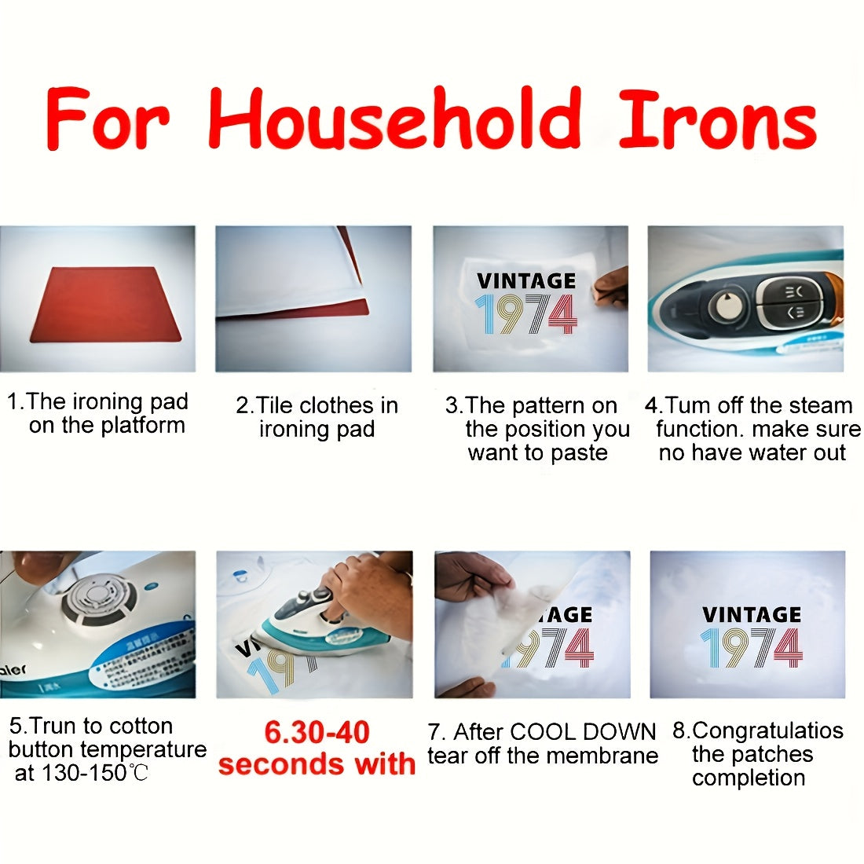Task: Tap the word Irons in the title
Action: [717, 119]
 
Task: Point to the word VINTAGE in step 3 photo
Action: [526, 280]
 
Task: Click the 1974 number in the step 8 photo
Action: [752, 648]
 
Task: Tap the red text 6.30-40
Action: [317, 732]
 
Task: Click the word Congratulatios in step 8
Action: [767, 730]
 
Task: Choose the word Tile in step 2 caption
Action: [275, 405]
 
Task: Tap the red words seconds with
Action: [317, 764]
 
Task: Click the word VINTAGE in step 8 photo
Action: [752, 614]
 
